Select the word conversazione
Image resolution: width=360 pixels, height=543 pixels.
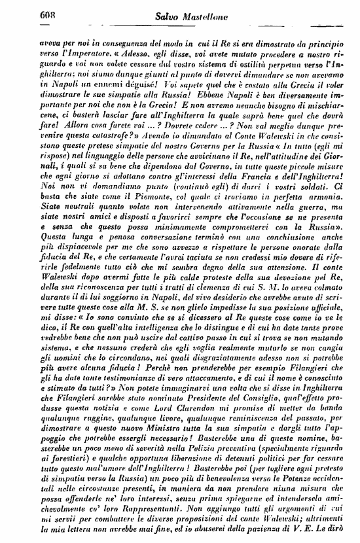149,277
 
